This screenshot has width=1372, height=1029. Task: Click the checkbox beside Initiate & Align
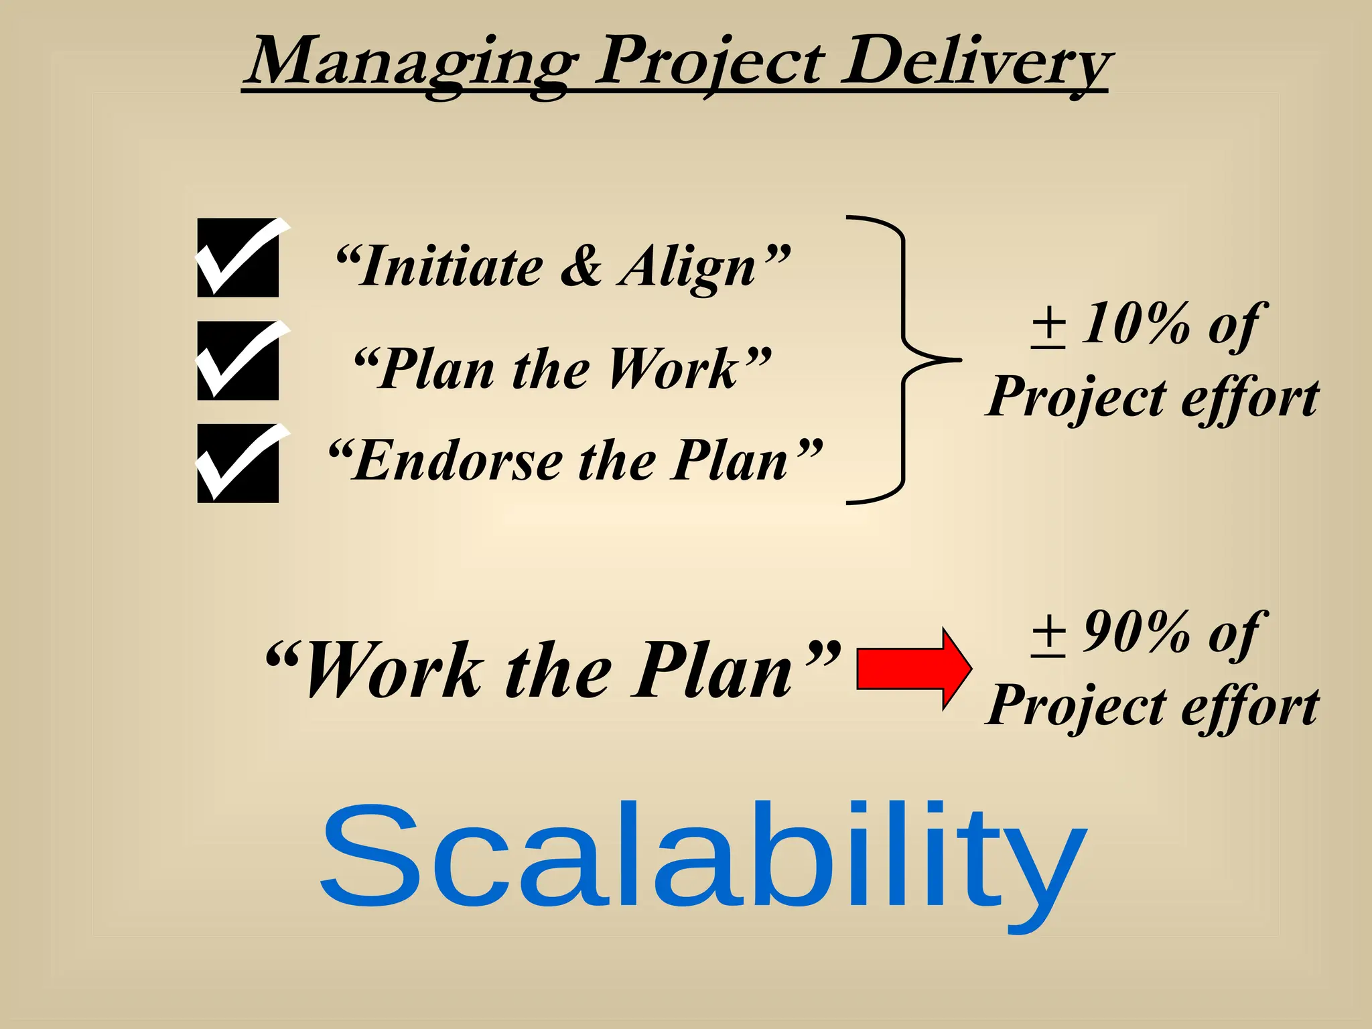(238, 258)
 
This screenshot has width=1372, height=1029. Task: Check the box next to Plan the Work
(238, 361)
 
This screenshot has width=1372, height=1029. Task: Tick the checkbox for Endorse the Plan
(238, 464)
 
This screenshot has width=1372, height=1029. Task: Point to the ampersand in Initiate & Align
(581, 267)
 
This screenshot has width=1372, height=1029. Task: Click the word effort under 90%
(1249, 706)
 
